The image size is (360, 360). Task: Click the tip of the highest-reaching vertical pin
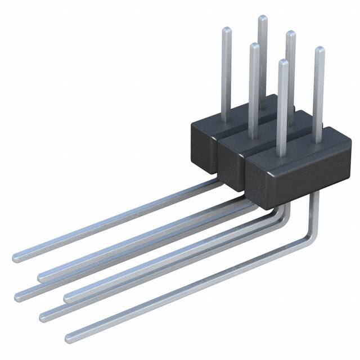(x=262, y=18)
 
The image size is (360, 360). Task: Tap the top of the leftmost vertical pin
(x=226, y=29)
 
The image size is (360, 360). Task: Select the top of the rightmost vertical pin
(x=319, y=50)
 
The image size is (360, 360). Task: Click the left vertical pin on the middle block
(x=254, y=84)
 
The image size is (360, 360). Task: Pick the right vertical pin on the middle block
(x=291, y=67)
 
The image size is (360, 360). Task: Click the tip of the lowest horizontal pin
(x=69, y=338)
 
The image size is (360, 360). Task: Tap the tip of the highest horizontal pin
(x=16, y=257)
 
